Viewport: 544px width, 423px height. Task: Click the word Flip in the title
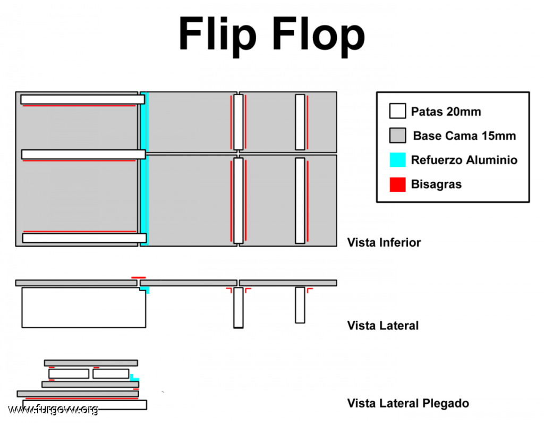[218, 35]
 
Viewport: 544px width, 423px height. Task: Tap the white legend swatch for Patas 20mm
[397, 112]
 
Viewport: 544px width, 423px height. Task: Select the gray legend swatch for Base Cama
[397, 136]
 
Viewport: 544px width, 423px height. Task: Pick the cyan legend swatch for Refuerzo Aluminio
[397, 160]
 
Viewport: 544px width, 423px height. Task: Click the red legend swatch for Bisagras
[397, 184]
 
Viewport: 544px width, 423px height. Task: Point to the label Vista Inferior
[384, 243]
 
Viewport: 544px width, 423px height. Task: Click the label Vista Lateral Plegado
[408, 403]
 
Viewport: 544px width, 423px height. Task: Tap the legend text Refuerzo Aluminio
[464, 160]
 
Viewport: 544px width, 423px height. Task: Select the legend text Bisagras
[436, 184]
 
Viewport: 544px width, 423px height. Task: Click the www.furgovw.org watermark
[53, 409]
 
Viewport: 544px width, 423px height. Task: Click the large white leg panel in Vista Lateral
[83, 308]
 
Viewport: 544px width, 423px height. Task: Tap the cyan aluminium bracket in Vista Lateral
[146, 291]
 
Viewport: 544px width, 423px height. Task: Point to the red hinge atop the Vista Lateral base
[139, 277]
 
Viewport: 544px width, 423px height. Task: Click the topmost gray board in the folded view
[91, 362]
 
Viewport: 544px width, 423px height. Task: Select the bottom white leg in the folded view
[85, 405]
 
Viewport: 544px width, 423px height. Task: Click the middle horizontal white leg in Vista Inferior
[83, 154]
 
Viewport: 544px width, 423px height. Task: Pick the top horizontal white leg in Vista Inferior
[82, 99]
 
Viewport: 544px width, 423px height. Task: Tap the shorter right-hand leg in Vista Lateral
[300, 305]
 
